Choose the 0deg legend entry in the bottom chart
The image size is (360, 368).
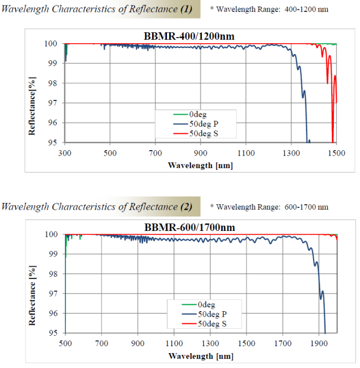tap(209, 305)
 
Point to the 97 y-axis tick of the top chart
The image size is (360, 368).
tap(53, 103)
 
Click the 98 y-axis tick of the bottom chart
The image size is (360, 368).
tap(53, 274)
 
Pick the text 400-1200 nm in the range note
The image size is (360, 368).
tap(307, 10)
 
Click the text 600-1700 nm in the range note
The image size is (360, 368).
tap(307, 207)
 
